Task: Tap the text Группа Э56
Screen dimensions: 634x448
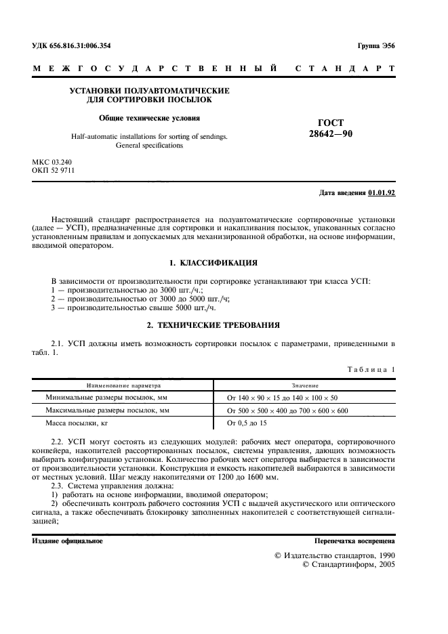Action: tap(375, 45)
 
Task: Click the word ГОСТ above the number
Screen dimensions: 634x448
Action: tap(330, 123)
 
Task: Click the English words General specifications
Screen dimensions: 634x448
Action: tap(150, 145)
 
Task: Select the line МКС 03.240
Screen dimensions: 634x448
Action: tap(52, 162)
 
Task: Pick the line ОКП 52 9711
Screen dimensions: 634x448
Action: tap(54, 171)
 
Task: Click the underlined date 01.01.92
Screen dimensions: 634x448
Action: tap(382, 193)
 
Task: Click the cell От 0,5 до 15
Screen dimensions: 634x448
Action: tap(247, 423)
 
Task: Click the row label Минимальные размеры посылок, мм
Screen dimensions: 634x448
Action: tap(106, 398)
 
